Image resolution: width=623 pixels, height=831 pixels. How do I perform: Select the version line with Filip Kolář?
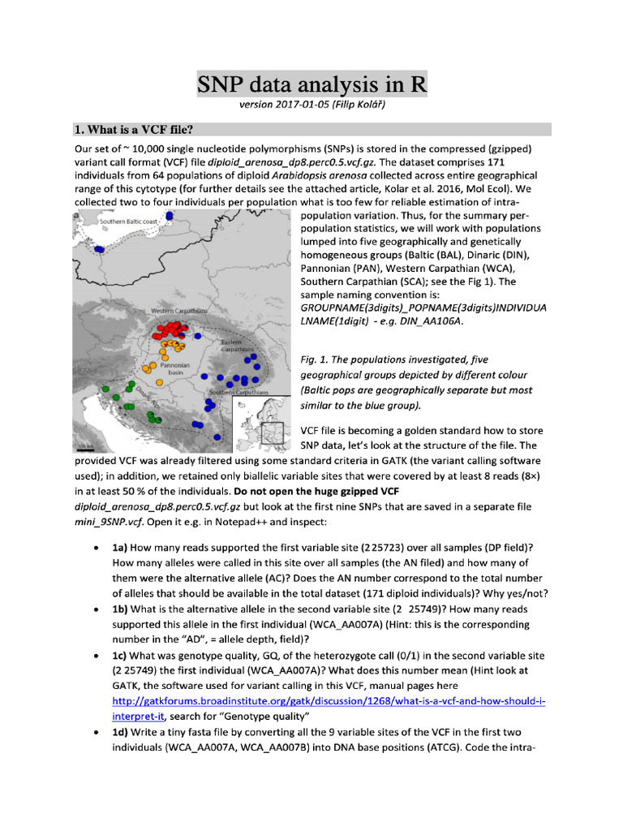point(311,105)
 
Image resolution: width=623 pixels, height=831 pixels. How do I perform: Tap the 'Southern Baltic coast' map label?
point(130,222)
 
